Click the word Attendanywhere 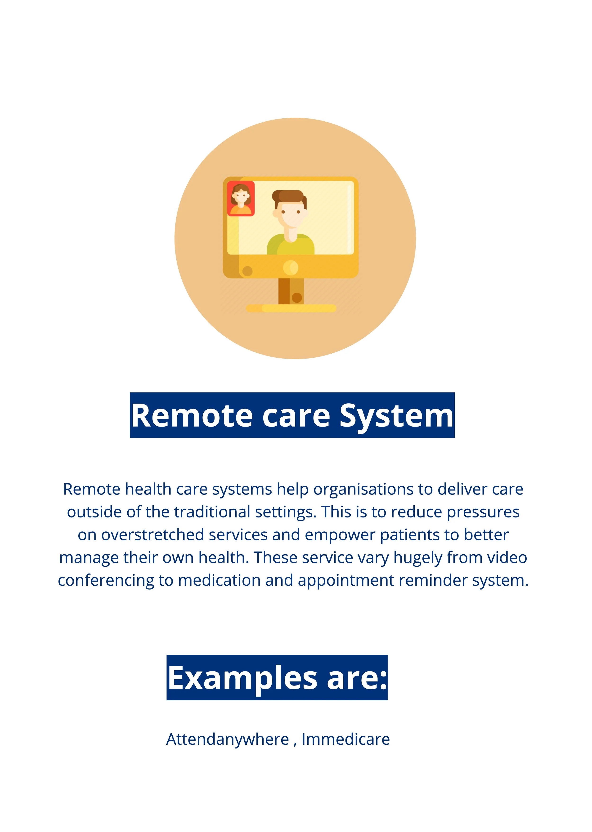tap(228, 739)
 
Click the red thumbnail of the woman tap(241, 199)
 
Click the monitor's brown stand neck tap(291, 291)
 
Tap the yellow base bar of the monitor tap(291, 309)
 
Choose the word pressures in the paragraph tap(483, 512)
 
